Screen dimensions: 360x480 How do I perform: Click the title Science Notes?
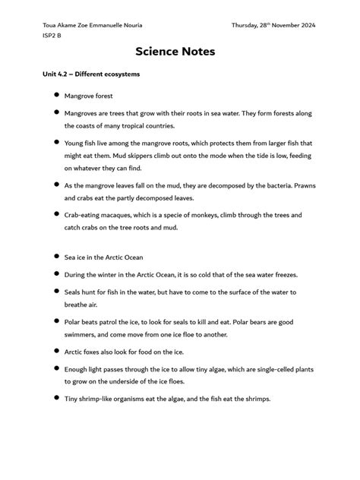175,52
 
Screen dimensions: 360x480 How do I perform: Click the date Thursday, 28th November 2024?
273,25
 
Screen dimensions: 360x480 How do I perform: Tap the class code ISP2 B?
54,35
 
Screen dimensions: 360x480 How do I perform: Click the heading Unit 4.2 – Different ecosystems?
91,74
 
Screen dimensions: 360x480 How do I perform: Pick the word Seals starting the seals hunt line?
74,291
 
